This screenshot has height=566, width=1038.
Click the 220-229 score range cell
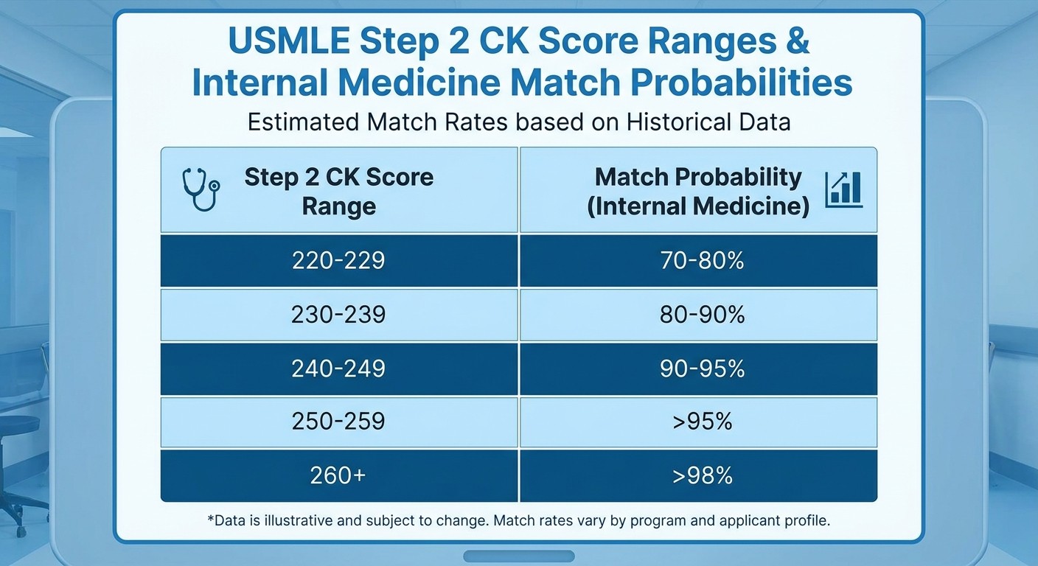click(338, 260)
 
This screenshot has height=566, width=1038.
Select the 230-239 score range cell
click(338, 315)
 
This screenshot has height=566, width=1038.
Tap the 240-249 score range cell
click(338, 368)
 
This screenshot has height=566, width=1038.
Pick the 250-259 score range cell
click(338, 422)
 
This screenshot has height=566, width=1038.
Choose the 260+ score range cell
click(338, 475)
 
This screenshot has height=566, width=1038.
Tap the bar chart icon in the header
click(843, 189)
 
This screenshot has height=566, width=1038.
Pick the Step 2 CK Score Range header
click(338, 191)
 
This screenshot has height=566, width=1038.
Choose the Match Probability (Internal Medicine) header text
click(697, 191)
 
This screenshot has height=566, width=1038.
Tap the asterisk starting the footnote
click(210, 517)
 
